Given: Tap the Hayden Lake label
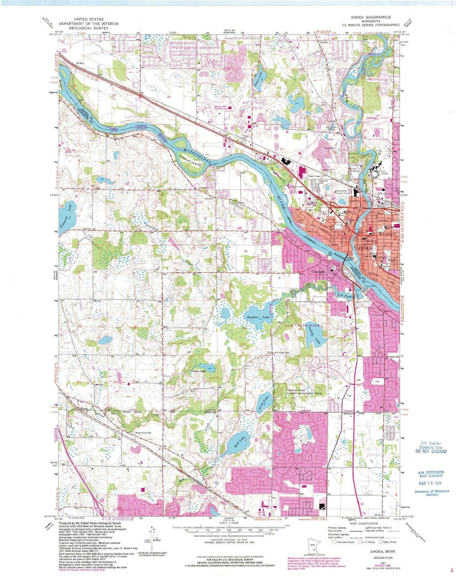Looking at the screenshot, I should pos(255,317).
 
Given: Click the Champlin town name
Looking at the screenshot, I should pos(318,272).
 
